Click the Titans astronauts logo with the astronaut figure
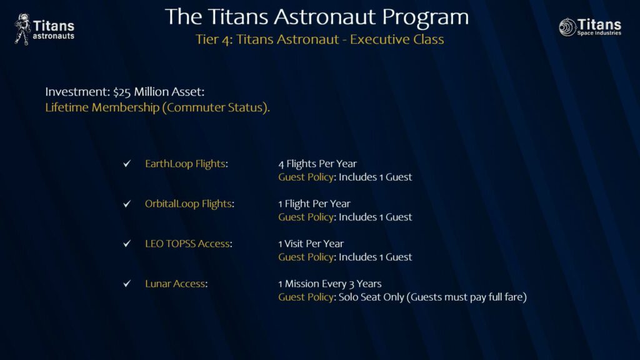coord(44,29)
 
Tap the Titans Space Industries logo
coord(590,27)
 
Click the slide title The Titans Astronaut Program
coord(317,17)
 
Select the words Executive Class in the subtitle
coord(397,39)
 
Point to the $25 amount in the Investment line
coord(122,92)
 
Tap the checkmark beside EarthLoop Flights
coord(127,164)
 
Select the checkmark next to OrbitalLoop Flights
coord(127,204)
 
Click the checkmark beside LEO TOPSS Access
coord(127,244)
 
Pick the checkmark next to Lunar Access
coord(127,284)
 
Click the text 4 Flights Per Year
coord(317,164)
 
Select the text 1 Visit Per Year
coord(311,244)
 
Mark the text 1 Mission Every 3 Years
coord(330,284)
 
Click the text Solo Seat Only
coord(371,297)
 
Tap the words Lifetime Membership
coord(102,107)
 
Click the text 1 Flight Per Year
coord(314,204)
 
